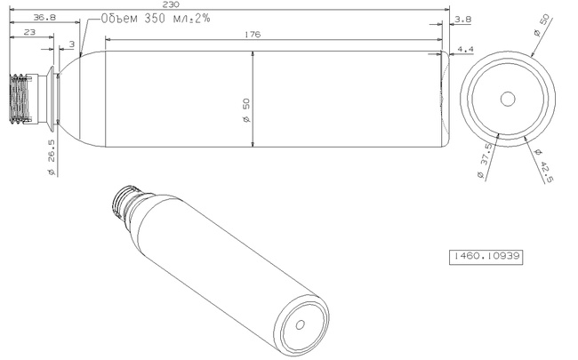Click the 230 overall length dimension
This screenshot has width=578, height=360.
point(171,4)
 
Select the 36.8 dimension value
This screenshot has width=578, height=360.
point(44,17)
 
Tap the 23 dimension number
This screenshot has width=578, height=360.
point(29,32)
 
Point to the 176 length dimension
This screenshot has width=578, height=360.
point(253,35)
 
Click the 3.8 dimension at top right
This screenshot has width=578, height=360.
point(463,20)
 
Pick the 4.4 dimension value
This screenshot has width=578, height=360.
point(465,50)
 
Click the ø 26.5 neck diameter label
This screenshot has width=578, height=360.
point(52,157)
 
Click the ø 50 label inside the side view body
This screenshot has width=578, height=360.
point(245,110)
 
